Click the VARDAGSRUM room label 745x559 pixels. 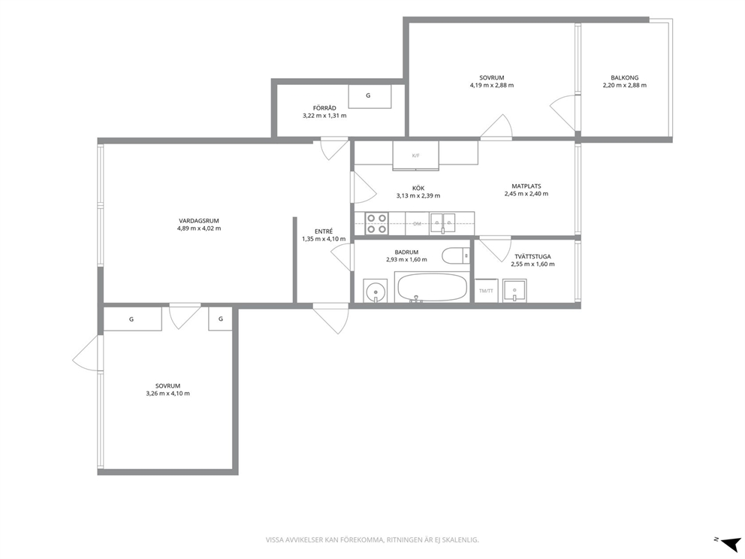[x=198, y=221]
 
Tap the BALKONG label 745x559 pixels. [x=624, y=77]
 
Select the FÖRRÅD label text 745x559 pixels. [x=324, y=108]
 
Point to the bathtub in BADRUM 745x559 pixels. [x=432, y=287]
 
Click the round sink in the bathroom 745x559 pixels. [x=376, y=291]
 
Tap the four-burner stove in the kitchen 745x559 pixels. [x=376, y=223]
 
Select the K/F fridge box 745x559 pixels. [x=416, y=155]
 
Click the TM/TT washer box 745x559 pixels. [x=486, y=291]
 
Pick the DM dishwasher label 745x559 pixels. [x=417, y=223]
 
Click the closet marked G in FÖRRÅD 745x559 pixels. [x=369, y=96]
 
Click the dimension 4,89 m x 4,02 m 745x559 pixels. [x=198, y=228]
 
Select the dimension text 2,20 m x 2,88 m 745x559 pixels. [x=624, y=86]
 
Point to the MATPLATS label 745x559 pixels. [x=526, y=186]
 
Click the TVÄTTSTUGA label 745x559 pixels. [x=532, y=257]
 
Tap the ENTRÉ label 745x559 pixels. [x=324, y=231]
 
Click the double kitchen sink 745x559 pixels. [x=443, y=223]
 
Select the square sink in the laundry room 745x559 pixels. [x=514, y=291]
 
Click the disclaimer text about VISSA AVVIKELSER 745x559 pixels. [x=372, y=540]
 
